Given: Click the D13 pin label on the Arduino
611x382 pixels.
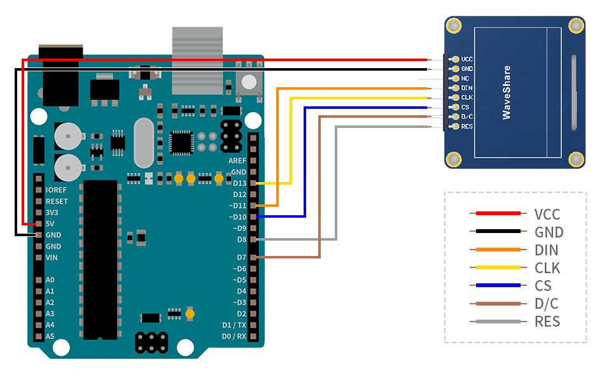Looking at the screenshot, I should coord(239,183).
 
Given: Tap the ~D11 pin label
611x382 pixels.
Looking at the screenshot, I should coord(237,206).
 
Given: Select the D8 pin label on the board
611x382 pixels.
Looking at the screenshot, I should coord(241,239).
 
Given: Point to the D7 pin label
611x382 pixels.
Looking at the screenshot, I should coord(241,257).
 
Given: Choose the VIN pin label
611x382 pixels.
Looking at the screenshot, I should coord(52,257).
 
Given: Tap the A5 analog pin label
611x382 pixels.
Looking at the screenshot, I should coord(50,336).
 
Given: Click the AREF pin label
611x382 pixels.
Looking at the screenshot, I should coord(237,160).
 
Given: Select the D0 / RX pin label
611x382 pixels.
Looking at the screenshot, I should coord(234,336).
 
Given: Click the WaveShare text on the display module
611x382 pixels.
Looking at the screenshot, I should coord(507,92).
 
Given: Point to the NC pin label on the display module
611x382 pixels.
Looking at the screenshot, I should coord(465,78).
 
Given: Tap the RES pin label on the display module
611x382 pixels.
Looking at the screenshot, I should coord(467,127).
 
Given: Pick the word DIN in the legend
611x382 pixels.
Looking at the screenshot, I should coord(547,250).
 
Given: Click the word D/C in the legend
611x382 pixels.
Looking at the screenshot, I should coord(546,304).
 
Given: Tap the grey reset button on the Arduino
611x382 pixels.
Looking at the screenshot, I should coord(249,82).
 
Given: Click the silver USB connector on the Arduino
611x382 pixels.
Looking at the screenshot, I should coord(197,60).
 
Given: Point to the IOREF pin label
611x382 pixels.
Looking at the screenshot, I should coord(57,190).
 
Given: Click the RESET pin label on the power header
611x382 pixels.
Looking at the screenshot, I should coord(57,201).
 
